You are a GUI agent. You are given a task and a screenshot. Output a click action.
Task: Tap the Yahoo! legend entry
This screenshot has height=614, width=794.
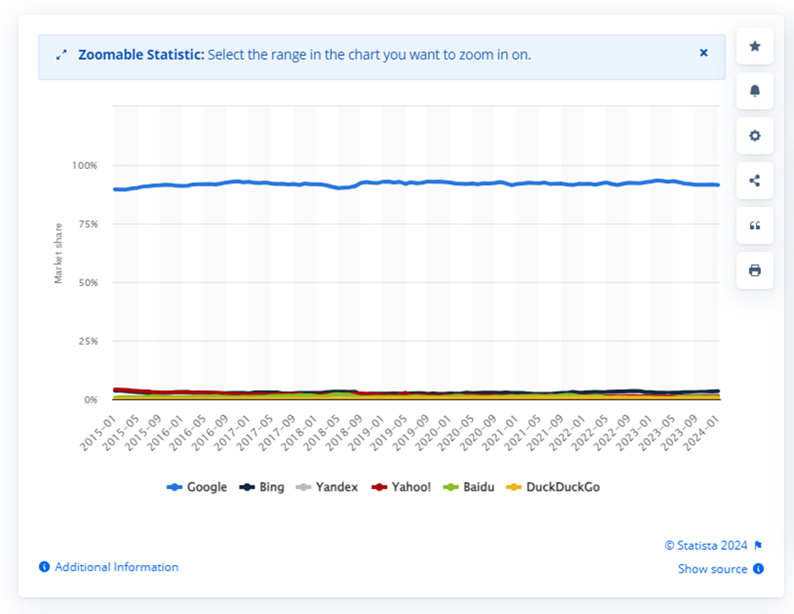[x=403, y=487]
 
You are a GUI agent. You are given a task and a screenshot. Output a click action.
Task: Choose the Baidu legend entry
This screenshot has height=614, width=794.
[x=470, y=487]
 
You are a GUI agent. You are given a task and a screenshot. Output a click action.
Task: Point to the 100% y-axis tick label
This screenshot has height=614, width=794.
[x=86, y=166]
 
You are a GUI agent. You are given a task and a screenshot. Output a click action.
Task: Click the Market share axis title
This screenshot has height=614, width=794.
[x=58, y=253]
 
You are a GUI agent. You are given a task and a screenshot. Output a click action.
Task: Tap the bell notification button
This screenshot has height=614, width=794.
[x=755, y=90]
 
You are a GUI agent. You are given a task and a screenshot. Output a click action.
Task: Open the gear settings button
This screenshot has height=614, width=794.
[x=755, y=135]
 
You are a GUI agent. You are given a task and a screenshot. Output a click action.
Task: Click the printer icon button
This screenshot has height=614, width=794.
[x=755, y=270]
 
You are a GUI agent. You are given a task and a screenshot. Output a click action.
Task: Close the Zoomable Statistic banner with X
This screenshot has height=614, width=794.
[x=704, y=52]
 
